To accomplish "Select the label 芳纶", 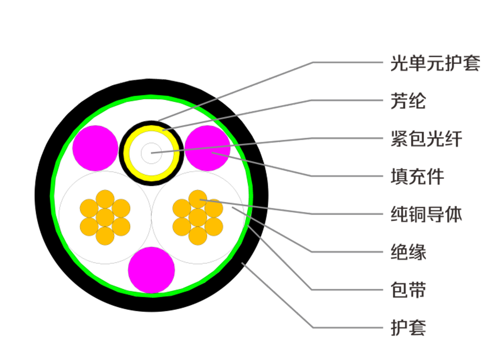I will coord(408,100).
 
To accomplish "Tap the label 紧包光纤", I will coord(426,139).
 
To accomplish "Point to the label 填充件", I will coord(417,176).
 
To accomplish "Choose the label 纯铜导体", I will coord(426,214).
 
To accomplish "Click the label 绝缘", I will coord(408,252).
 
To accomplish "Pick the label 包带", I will coord(408,290).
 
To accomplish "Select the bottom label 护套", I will coord(408,328).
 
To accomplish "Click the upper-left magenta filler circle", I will coord(95,148).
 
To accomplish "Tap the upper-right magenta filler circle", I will coord(208,148).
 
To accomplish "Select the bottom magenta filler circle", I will coord(151,270).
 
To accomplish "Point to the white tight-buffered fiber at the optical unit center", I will coord(151,152).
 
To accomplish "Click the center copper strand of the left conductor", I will coord(105,217).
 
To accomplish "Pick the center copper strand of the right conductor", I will coord(198,217).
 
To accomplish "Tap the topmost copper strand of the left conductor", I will coord(105,199).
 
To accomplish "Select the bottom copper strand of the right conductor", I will coord(198,235).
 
